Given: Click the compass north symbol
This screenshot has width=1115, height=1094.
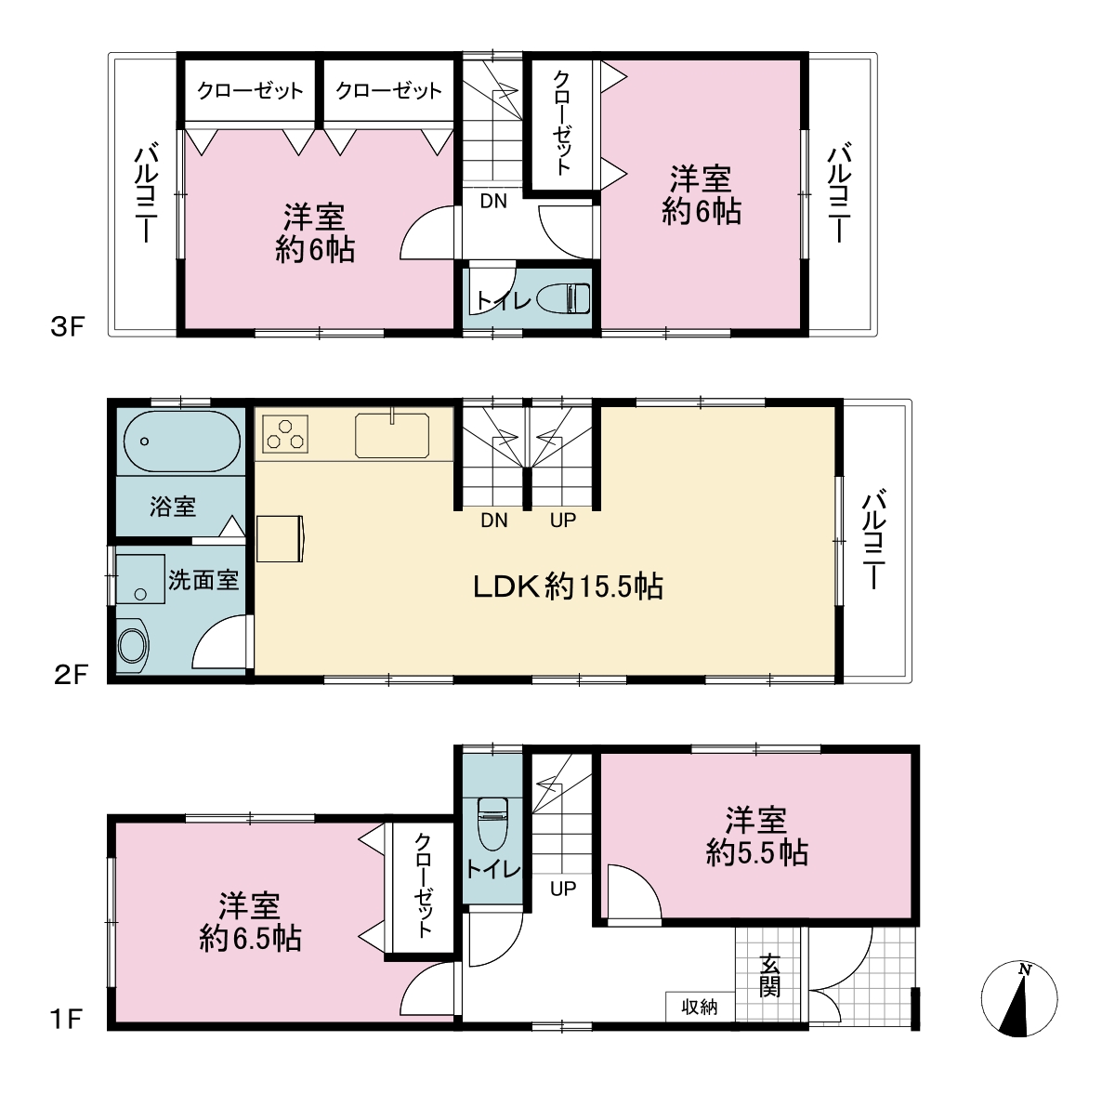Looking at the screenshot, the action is (1019, 998).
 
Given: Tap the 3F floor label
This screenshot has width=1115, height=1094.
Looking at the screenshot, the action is (68, 327).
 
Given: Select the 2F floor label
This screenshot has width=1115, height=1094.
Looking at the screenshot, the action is (70, 675).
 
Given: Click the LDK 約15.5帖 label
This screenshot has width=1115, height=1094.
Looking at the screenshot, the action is (569, 587).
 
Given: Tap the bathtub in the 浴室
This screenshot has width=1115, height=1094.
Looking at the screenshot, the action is (182, 442).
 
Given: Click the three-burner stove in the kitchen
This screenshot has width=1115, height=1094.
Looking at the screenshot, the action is (285, 433).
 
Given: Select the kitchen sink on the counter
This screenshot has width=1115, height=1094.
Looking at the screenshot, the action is (392, 435).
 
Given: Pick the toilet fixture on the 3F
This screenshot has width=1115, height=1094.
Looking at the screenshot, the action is (563, 298).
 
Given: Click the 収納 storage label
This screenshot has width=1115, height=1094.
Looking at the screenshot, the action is (700, 1008).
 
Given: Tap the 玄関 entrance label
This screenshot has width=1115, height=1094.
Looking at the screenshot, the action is (769, 976).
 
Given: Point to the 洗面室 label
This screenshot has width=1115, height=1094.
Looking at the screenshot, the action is (203, 580).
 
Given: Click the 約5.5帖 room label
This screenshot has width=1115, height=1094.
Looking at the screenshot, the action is (757, 852).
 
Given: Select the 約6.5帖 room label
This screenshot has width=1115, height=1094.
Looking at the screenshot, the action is (250, 938).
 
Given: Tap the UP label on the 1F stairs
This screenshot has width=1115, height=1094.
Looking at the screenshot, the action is (563, 888).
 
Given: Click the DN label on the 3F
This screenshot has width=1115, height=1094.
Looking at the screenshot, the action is (493, 201).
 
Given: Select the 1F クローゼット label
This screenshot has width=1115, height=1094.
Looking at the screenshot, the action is (424, 885).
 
